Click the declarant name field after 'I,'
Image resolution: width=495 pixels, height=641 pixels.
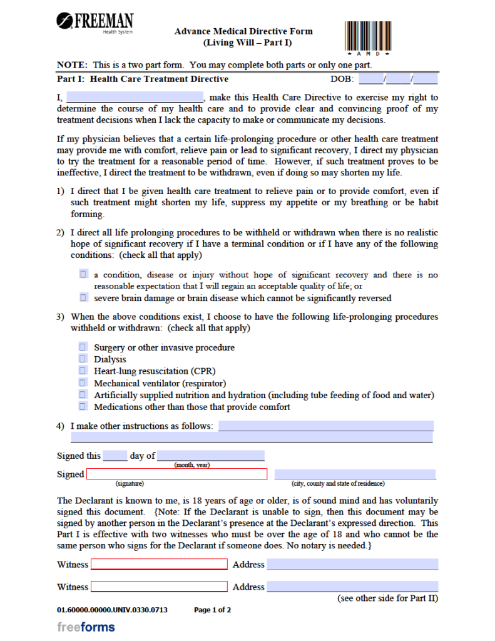135,98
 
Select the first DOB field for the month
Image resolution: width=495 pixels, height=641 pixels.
372,79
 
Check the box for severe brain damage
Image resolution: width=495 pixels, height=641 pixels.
83,298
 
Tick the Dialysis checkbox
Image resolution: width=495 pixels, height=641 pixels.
83,359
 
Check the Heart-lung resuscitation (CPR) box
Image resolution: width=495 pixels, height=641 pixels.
83,371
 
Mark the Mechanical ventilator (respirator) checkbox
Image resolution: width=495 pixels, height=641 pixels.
83,383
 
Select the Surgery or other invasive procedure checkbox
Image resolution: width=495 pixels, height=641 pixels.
83,347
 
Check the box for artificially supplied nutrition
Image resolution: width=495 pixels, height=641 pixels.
83,395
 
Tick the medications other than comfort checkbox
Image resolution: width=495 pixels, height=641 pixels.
83,407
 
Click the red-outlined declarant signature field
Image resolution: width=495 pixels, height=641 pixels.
176,474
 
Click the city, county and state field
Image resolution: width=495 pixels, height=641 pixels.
355,474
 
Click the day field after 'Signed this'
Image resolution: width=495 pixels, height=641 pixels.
115,456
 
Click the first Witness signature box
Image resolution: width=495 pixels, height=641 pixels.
159,565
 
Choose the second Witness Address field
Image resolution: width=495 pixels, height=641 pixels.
352,587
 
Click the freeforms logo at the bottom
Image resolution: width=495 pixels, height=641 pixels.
86,627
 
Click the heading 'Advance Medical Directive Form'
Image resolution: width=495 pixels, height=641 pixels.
243,31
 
